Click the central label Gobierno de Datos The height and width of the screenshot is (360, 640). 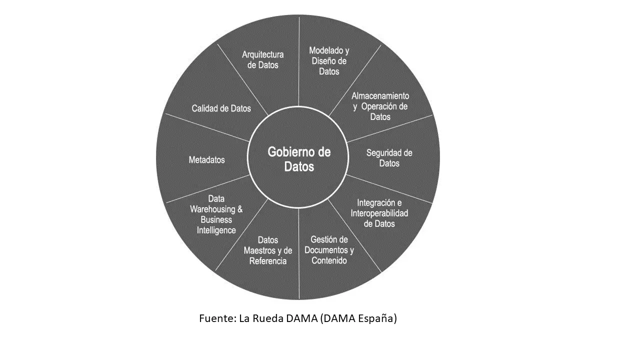[299, 159]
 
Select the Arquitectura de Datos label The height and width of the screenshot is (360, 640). [263, 59]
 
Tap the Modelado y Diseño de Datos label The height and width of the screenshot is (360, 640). [329, 61]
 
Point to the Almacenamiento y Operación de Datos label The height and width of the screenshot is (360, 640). [380, 106]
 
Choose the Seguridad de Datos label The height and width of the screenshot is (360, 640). [389, 158]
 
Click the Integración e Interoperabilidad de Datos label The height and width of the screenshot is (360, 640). [379, 213]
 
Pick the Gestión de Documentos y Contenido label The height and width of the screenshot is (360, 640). [329, 250]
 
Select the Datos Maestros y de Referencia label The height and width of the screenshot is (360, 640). [268, 250]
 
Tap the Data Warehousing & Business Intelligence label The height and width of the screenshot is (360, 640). [216, 214]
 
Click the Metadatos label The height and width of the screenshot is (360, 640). [207, 159]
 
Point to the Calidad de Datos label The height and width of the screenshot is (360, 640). [221, 108]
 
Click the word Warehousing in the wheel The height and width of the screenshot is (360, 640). [212, 209]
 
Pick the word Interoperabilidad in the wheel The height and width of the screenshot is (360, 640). [379, 213]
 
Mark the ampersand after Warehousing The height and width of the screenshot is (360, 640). [240, 209]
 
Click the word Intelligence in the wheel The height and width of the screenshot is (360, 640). [216, 230]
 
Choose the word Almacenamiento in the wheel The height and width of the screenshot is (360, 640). [380, 96]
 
